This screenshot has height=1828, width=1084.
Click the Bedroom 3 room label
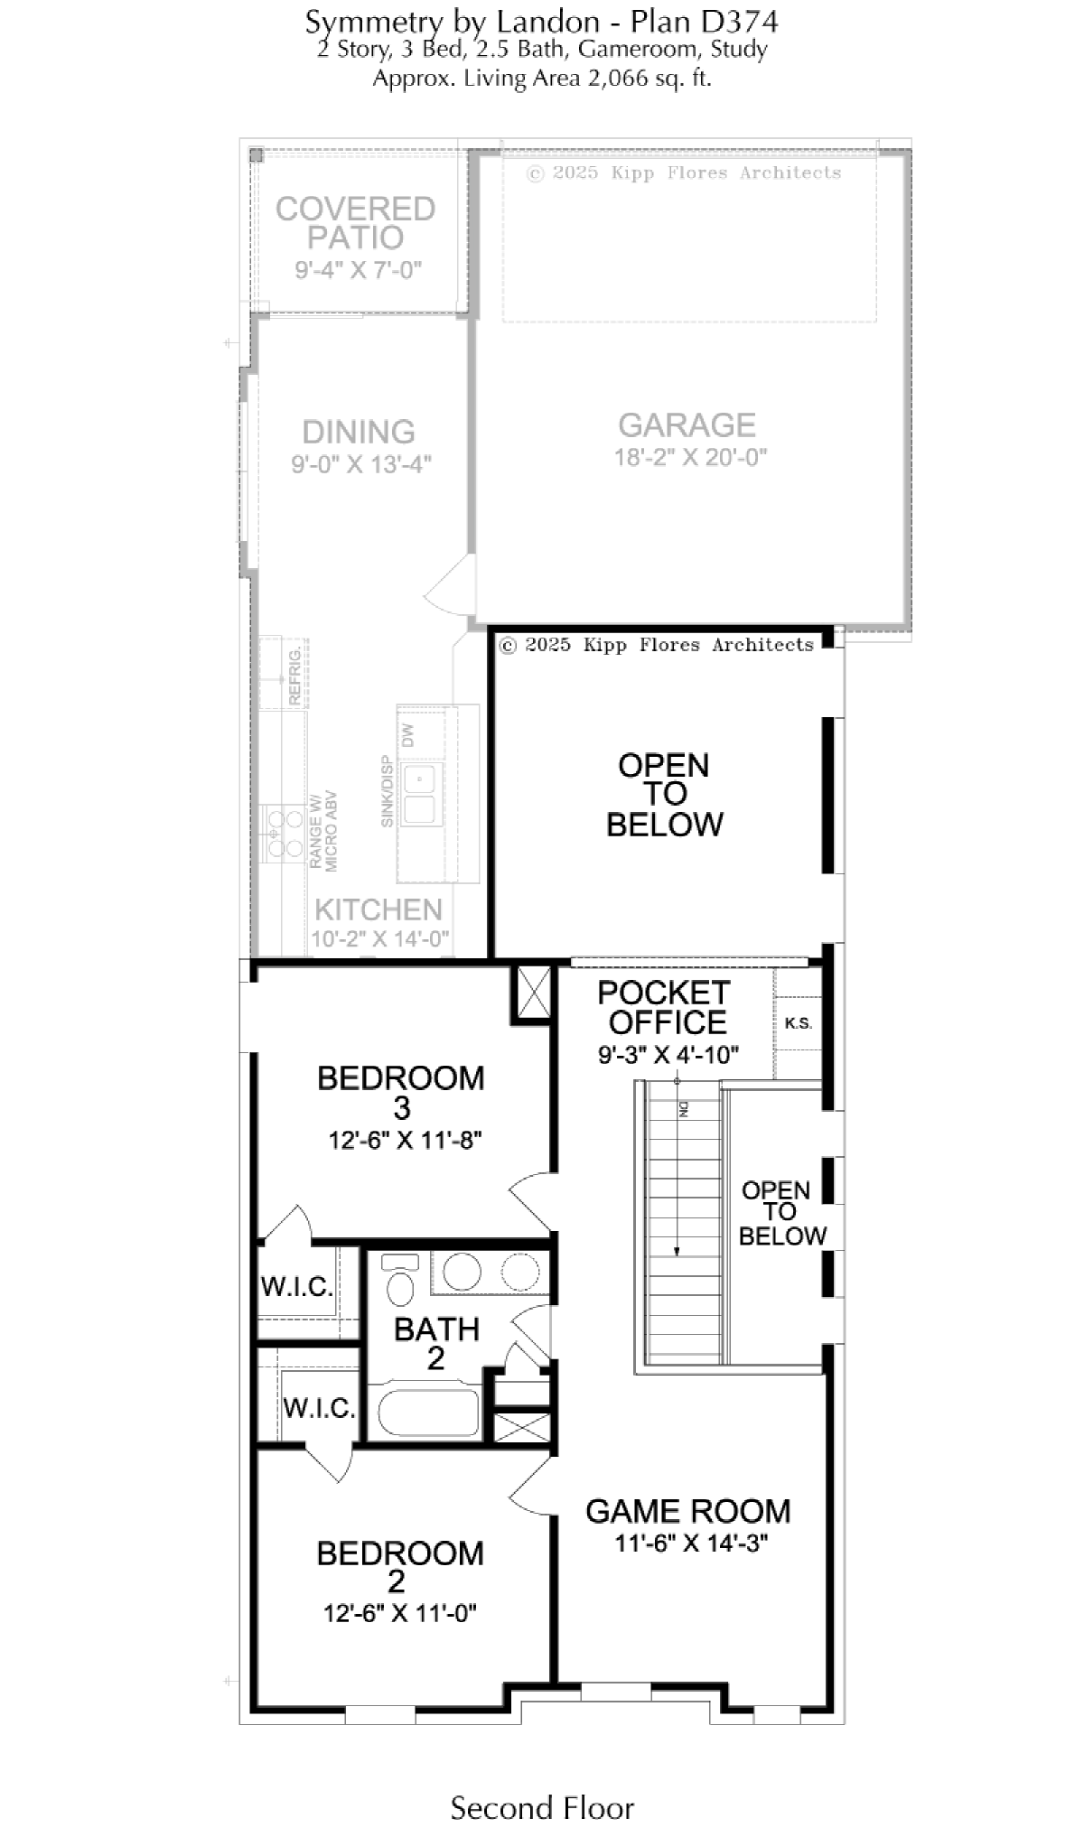coord(401,1092)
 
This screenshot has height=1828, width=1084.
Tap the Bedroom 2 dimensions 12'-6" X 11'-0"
coord(400,1612)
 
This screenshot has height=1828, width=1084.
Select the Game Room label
coord(688,1511)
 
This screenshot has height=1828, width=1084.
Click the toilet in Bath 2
coord(398,1281)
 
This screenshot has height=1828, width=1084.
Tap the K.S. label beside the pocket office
coord(799,1023)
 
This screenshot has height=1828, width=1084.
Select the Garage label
coord(687,424)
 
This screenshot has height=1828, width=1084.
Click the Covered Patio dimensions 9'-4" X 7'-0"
coord(359,270)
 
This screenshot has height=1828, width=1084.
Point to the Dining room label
coord(359,432)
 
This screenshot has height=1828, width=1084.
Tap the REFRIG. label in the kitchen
coord(294,676)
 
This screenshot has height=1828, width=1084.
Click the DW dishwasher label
coord(407,735)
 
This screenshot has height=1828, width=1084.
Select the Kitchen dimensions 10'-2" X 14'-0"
coord(379,939)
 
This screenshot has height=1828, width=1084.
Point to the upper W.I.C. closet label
coord(297,1286)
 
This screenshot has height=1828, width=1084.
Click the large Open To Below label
coord(665,795)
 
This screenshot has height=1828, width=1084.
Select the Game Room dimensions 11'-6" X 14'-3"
coord(691,1544)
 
